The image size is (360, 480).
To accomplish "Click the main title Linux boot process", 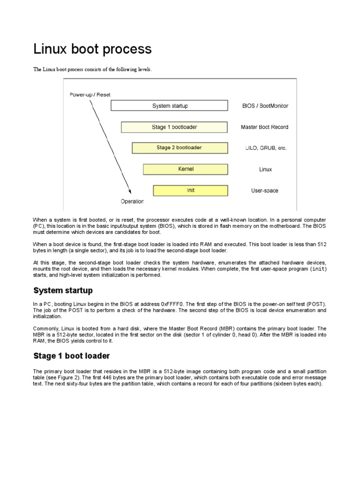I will (x=92, y=49).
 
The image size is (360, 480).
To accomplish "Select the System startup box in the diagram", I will (x=169, y=106).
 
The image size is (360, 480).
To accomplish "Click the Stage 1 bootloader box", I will (x=174, y=127).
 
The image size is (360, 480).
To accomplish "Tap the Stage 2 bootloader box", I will (x=180, y=148).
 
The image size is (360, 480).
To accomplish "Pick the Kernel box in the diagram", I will (x=185, y=169).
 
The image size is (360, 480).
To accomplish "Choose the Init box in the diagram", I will (x=190, y=190).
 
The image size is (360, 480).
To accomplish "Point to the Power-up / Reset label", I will (x=90, y=95).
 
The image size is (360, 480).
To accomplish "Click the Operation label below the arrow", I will (x=132, y=202).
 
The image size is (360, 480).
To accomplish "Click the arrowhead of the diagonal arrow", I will (x=130, y=191).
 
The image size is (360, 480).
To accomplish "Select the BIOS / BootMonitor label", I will (x=264, y=106).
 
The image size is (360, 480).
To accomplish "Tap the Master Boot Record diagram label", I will (x=264, y=127).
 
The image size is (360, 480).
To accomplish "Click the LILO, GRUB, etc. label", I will (x=265, y=148).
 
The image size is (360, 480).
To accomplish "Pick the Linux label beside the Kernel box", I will (x=265, y=169).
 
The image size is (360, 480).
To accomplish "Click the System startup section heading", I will (x=63, y=291).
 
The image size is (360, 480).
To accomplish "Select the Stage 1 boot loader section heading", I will (x=71, y=356).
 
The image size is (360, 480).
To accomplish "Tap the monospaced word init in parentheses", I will (x=319, y=269).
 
